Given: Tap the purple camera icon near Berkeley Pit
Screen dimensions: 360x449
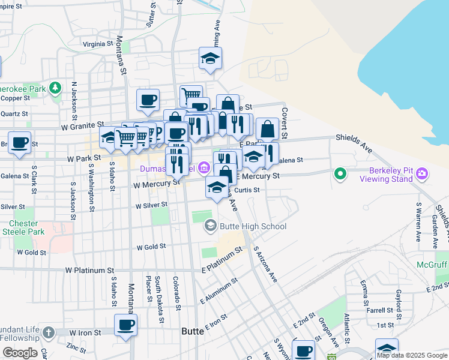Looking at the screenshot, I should pos(423,174).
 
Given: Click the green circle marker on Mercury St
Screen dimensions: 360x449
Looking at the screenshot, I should pos(340,174).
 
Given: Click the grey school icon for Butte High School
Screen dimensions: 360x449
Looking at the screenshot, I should pos(210,226).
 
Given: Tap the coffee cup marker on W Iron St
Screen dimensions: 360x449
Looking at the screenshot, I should pos(126,325).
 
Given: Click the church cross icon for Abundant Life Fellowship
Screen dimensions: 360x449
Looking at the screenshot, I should pos(48,332).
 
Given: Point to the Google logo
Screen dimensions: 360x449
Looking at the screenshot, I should pos(20,352).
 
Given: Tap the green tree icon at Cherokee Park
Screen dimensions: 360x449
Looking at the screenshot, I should pos(55,89).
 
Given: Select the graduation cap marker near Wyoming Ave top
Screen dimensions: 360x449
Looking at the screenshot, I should pos(211,58).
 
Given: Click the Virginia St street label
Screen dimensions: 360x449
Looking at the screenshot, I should pos(98,44).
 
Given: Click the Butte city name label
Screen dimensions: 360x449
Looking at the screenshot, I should pos(193,331).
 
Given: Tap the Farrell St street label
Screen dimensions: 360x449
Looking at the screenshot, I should pos(380,311).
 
